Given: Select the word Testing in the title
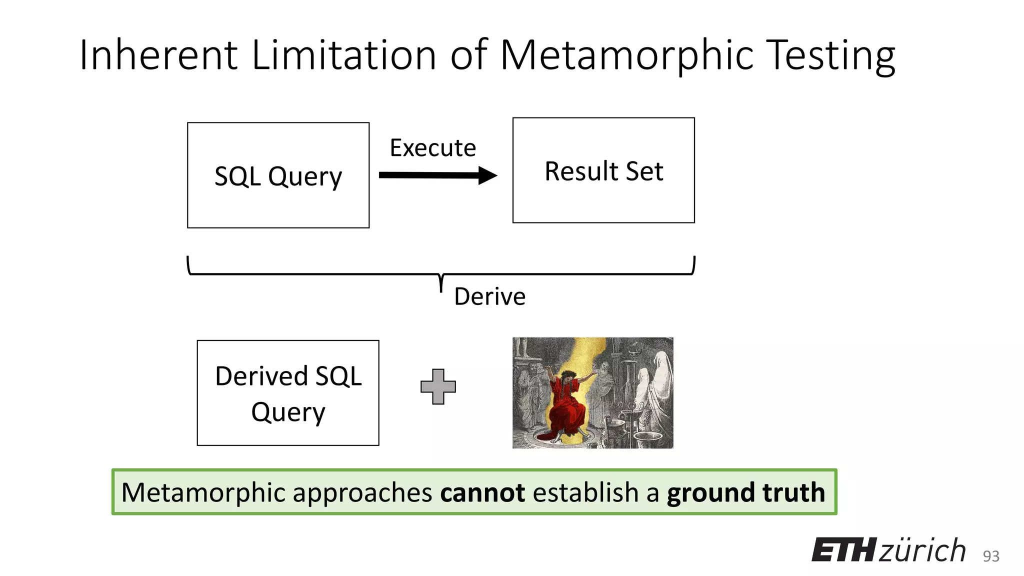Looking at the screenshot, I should tap(830, 56).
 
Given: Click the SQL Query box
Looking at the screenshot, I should tap(278, 175).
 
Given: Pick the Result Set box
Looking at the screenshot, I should tap(603, 170).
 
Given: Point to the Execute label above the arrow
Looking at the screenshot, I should tap(433, 148).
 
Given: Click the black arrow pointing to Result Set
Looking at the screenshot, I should tap(438, 175).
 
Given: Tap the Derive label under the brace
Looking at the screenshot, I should tap(489, 296).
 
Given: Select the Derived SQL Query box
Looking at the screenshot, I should tap(288, 393).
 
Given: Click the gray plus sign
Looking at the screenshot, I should tap(438, 386).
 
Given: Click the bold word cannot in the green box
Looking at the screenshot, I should tap(482, 492).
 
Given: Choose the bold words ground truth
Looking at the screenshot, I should tap(745, 492).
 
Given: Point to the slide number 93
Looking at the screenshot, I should tap(991, 556).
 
